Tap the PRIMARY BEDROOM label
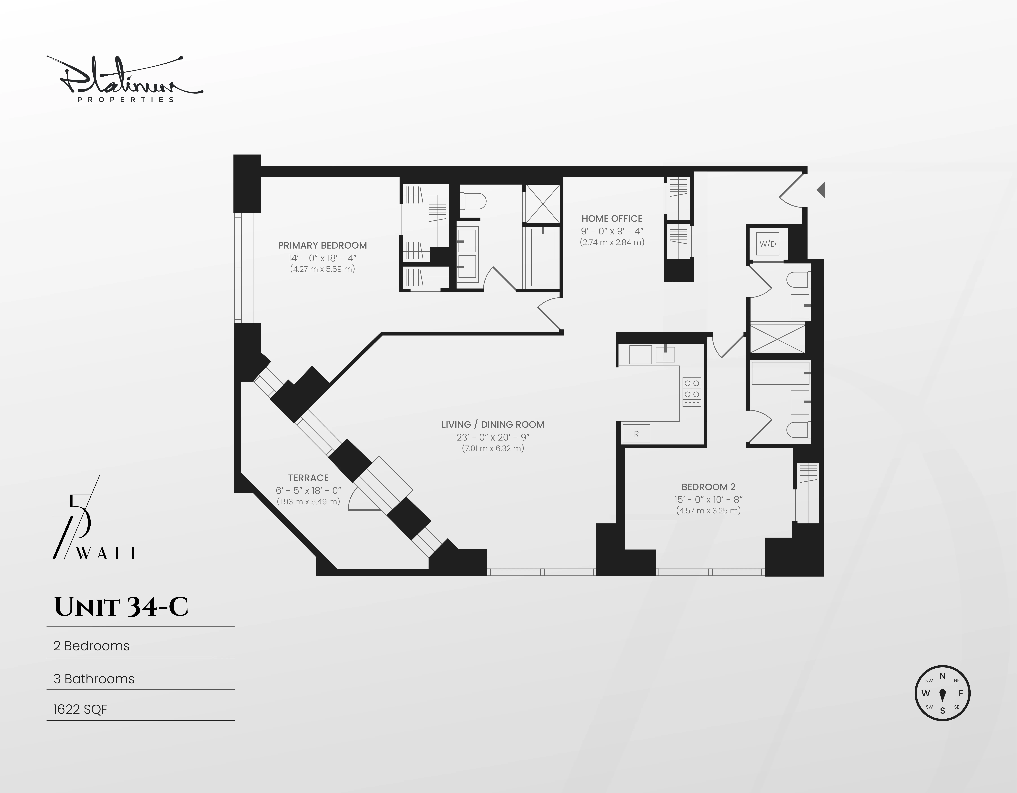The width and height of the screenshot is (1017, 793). (322, 245)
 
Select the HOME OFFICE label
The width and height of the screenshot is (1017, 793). (611, 218)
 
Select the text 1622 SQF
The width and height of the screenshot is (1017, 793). (80, 709)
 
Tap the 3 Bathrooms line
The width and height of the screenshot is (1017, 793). (94, 679)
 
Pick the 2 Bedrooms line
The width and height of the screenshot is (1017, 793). (92, 646)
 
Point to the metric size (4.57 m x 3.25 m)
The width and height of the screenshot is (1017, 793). (708, 510)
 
